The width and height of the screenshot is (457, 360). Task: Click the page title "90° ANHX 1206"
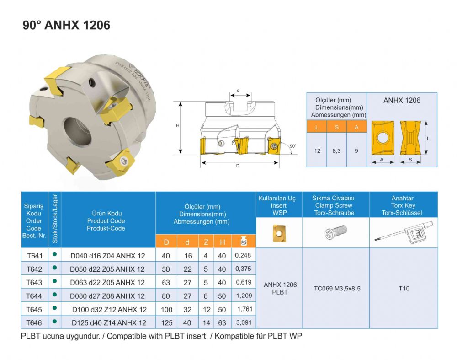pyautogui.click(x=66, y=25)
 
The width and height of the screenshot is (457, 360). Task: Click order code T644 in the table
pyautogui.click(x=34, y=296)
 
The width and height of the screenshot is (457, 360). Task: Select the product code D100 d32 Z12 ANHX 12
pyautogui.click(x=109, y=310)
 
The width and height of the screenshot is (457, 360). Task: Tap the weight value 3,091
pyautogui.click(x=244, y=322)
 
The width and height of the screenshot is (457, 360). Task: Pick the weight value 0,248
pyautogui.click(x=243, y=255)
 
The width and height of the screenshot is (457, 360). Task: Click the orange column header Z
pyautogui.click(x=206, y=242)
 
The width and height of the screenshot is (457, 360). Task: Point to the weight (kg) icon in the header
pyautogui.click(x=244, y=242)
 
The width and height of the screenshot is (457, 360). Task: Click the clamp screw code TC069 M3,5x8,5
pyautogui.click(x=337, y=289)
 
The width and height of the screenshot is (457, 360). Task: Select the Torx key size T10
pyautogui.click(x=404, y=289)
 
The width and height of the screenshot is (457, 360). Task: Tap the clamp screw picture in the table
pyautogui.click(x=336, y=232)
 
